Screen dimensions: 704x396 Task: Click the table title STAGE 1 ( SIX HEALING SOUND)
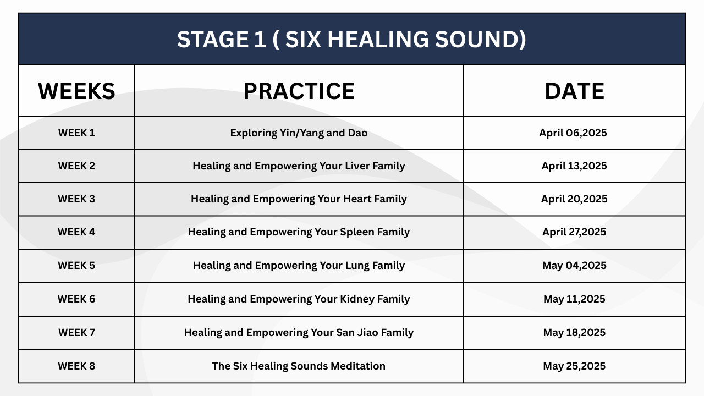351,39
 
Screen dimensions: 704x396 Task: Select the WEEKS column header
76,91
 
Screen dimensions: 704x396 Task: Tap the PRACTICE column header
299,91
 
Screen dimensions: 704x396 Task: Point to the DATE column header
574,91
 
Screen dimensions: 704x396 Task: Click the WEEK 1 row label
76,133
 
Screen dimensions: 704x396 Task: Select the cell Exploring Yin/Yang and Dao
299,133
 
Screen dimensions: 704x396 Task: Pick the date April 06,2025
573,133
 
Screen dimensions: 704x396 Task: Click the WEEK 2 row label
76,166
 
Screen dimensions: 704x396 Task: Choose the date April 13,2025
574,166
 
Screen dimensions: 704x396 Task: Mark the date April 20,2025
574,199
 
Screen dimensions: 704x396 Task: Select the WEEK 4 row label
76,232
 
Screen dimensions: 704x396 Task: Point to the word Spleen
357,232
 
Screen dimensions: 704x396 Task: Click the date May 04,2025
574,266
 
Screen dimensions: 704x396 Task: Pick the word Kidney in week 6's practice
358,299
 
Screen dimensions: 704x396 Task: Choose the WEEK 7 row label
76,333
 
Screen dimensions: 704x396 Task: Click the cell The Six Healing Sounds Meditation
299,366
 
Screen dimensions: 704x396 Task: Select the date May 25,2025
574,366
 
